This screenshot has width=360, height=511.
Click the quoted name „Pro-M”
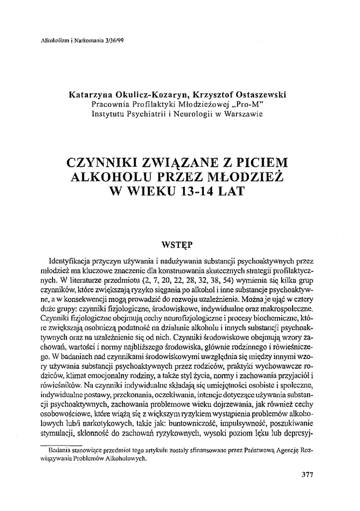click(246, 104)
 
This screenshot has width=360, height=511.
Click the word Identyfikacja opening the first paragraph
click(69, 260)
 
